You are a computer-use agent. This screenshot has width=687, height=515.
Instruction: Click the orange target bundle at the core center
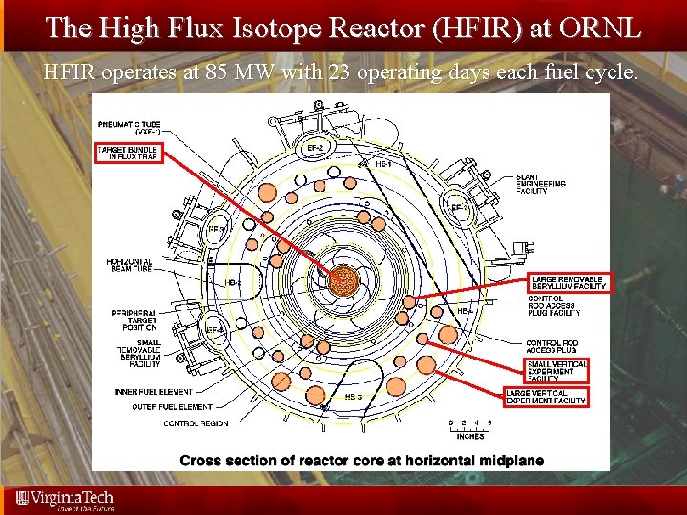pyautogui.click(x=343, y=279)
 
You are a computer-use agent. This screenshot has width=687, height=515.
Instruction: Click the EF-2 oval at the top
pyautogui.click(x=314, y=149)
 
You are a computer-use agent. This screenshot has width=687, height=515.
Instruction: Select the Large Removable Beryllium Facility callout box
pyautogui.click(x=568, y=281)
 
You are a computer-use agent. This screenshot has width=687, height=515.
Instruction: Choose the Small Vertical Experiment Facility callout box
pyautogui.click(x=556, y=370)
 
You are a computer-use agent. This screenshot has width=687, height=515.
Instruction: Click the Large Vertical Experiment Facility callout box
pyautogui.click(x=546, y=397)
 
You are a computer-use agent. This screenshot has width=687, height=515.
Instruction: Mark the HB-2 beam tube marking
pyautogui.click(x=233, y=283)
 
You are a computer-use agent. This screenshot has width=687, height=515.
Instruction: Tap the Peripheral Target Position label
pyautogui.click(x=132, y=319)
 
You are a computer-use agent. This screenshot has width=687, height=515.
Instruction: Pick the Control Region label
pyautogui.click(x=195, y=422)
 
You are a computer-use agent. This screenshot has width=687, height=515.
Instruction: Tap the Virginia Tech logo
pyautogui.click(x=63, y=499)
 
